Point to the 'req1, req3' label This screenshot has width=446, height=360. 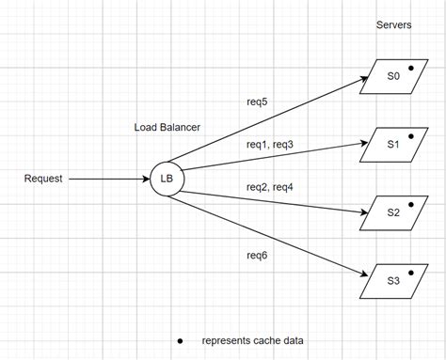tap(270, 145)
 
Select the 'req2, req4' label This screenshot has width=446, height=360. tap(270, 186)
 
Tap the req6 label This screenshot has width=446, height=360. tap(257, 255)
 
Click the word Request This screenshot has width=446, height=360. tap(43, 179)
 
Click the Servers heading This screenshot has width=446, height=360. tap(392, 24)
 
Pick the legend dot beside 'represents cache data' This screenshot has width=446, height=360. tap(180, 339)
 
